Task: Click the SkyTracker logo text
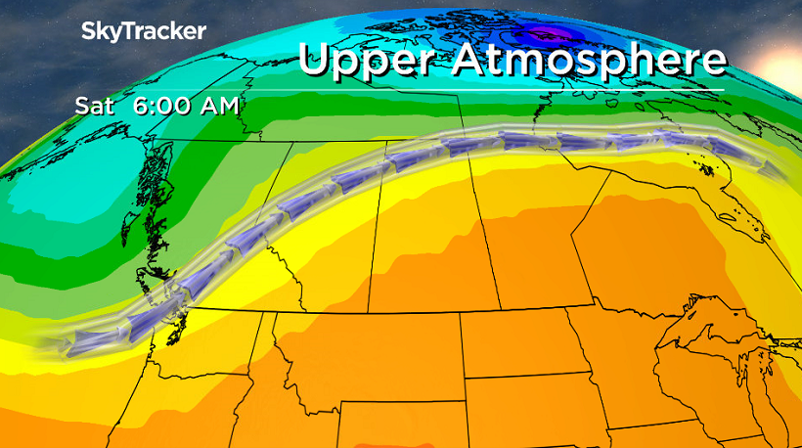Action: tap(143, 30)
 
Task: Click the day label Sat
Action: tap(95, 105)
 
